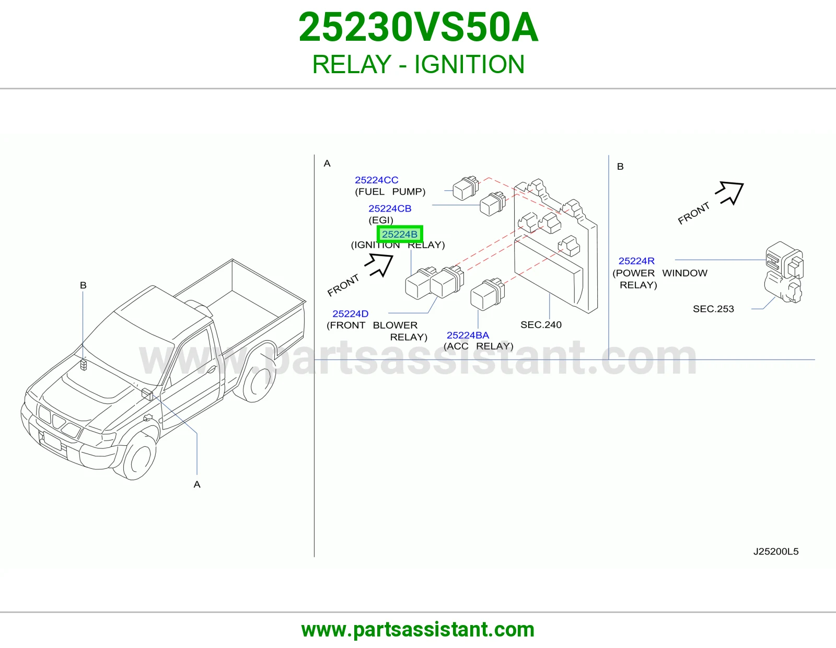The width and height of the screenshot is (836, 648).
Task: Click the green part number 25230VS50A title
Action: [418, 27]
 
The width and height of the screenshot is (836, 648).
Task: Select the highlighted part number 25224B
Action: [400, 234]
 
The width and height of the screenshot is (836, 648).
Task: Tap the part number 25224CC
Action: [376, 180]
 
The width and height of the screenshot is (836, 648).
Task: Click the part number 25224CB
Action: [390, 209]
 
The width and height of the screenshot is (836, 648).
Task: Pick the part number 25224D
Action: [351, 314]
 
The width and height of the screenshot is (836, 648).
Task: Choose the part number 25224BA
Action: [468, 335]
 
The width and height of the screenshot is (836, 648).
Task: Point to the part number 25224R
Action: [636, 261]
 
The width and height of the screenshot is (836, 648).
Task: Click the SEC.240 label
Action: [541, 325]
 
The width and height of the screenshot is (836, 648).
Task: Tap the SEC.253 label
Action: [713, 309]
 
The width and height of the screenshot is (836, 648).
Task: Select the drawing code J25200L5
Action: [775, 551]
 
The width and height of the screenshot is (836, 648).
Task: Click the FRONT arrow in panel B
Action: [730, 193]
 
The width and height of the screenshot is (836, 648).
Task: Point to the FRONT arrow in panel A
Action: [379, 265]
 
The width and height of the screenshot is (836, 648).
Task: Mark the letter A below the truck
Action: [197, 484]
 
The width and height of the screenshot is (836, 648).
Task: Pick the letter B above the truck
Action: [83, 285]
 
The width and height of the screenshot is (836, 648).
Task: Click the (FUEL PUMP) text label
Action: [390, 192]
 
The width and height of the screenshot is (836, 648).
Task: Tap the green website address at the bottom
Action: [418, 630]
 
